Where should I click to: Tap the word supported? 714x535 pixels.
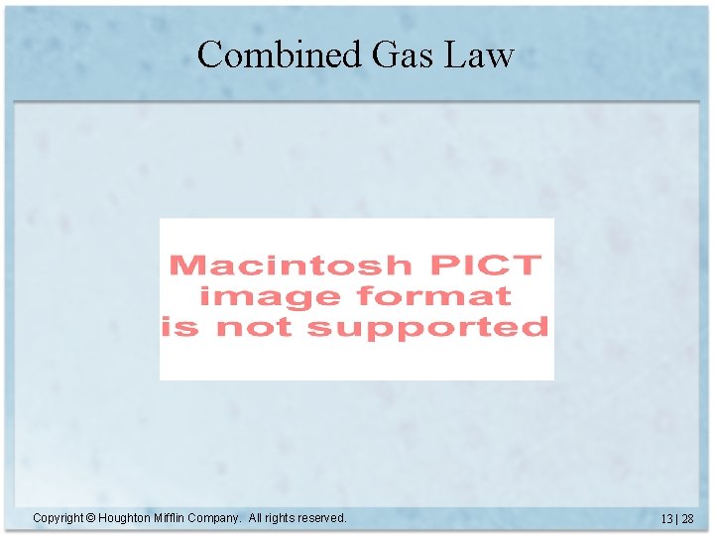[428, 327]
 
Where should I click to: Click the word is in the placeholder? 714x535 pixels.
[178, 327]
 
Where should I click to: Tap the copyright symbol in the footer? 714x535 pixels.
[90, 518]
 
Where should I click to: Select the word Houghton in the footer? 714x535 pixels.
[124, 518]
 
